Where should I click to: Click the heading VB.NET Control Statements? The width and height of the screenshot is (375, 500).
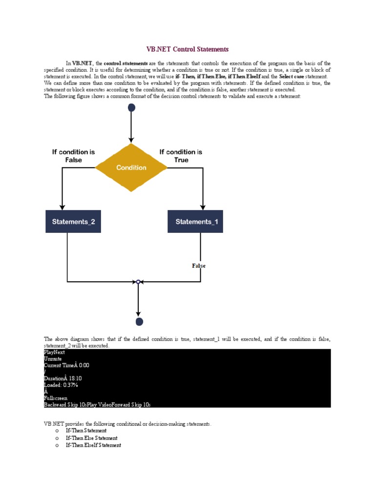[187, 49]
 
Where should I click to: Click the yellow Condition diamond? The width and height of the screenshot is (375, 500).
[131, 167]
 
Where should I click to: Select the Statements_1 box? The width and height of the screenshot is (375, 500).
[195, 222]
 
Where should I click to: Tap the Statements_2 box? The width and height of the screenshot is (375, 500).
[73, 222]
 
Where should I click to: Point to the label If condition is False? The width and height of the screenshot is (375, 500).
[74, 156]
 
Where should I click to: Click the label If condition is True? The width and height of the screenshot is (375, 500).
[181, 156]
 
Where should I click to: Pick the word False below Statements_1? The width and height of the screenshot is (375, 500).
[199, 266]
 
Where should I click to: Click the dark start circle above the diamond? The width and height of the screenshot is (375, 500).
[131, 107]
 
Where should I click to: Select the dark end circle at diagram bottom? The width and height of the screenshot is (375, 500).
[139, 321]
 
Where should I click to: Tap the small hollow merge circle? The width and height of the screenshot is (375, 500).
[138, 282]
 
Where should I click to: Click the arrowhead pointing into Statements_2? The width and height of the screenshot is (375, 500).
[62, 207]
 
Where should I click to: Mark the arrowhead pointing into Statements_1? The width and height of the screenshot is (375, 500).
[203, 207]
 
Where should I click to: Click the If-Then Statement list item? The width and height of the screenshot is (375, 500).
[86, 431]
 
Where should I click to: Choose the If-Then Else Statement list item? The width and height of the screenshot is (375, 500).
[91, 438]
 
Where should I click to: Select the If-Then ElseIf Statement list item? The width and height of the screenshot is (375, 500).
[93, 445]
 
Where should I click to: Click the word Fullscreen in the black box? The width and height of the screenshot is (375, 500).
[56, 398]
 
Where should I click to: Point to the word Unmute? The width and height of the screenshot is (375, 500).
[53, 359]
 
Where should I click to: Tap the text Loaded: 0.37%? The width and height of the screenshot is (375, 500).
[61, 385]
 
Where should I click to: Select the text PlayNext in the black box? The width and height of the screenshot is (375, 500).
[54, 352]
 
